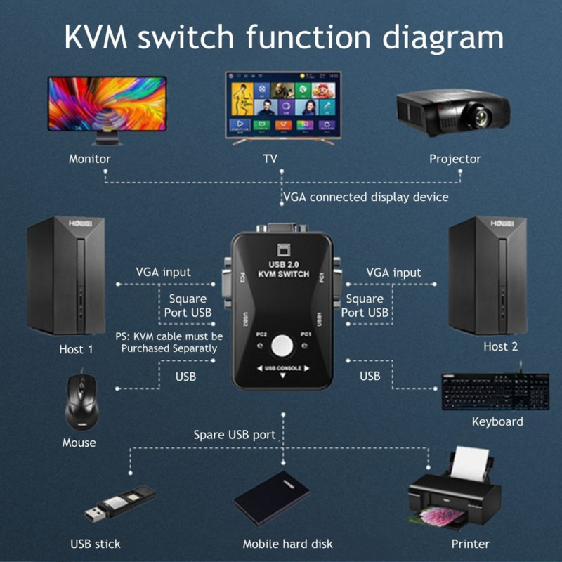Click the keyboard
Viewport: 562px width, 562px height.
(x=495, y=392)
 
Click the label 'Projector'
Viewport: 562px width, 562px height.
(x=455, y=159)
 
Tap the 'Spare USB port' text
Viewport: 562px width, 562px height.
(x=235, y=435)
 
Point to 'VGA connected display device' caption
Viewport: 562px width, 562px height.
(x=365, y=197)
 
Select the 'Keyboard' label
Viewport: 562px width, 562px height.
(x=497, y=421)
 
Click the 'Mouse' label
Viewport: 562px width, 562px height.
(x=79, y=443)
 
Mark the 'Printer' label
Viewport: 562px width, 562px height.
(x=470, y=544)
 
